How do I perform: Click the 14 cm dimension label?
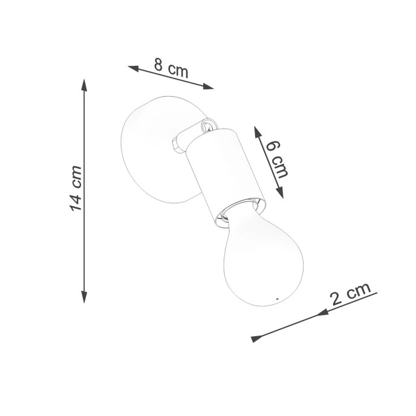click(76, 188)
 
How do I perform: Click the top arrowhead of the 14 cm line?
click(84, 84)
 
